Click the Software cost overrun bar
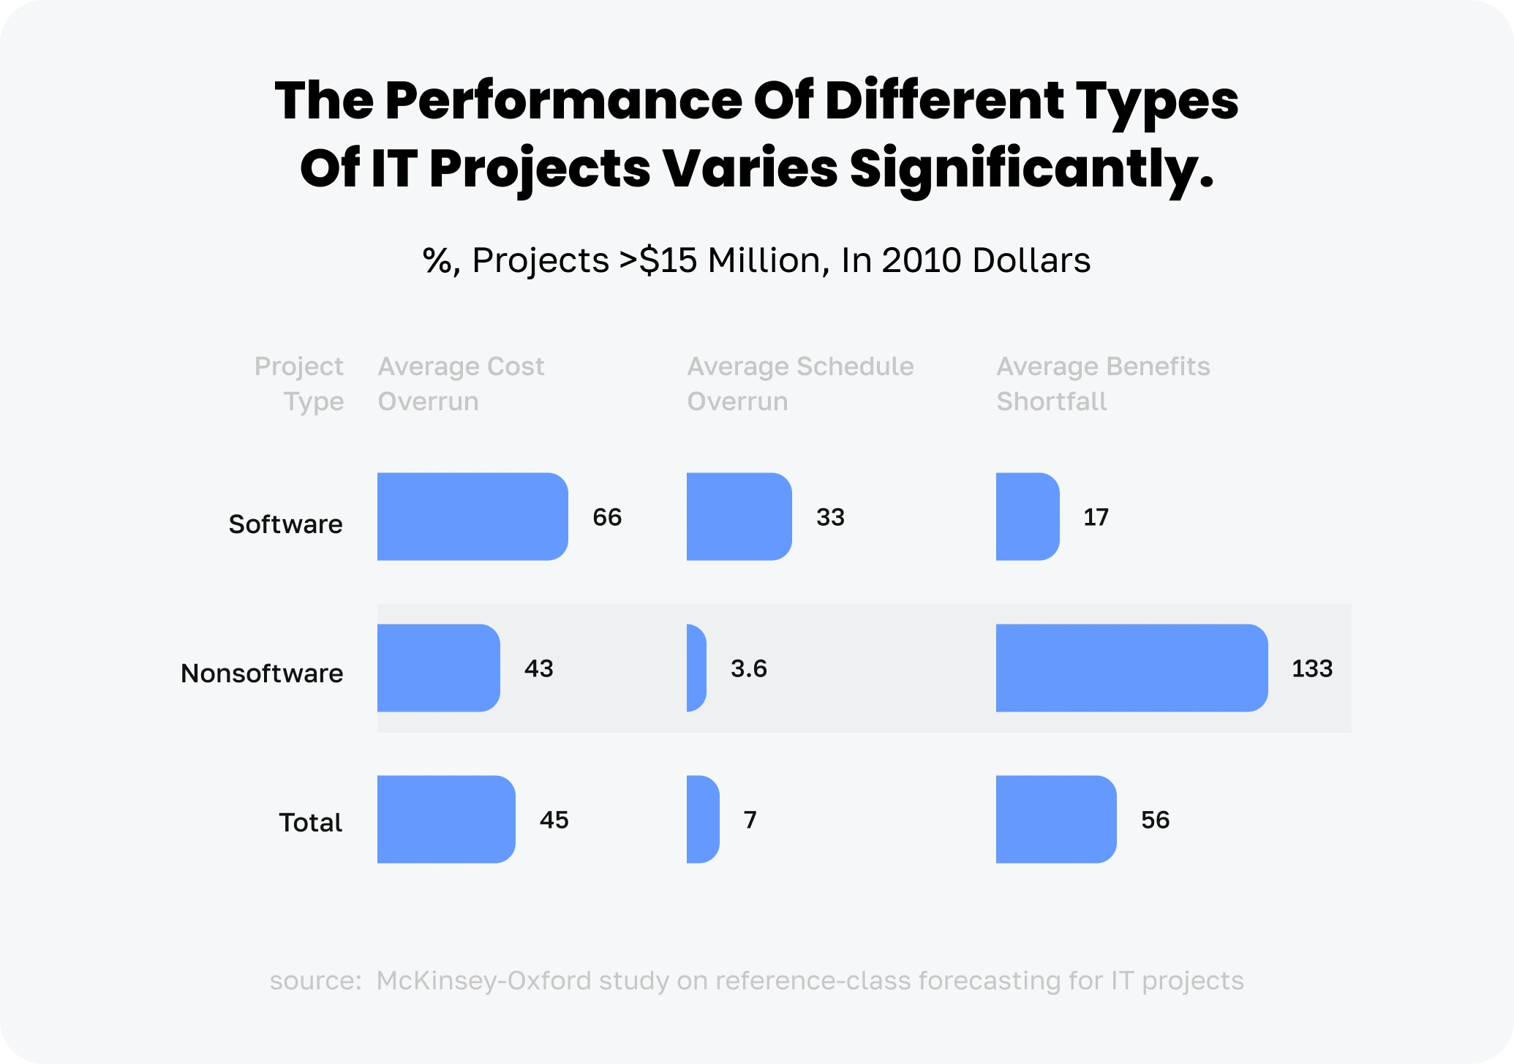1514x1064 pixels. click(472, 516)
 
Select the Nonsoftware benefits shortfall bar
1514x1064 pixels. click(1131, 668)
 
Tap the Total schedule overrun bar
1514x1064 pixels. click(703, 819)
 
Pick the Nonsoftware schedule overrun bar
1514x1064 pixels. click(696, 668)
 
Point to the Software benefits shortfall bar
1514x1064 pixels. click(1028, 516)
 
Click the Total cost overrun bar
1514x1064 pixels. click(446, 819)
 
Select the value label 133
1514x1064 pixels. click(1312, 668)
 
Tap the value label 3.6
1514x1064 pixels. click(749, 668)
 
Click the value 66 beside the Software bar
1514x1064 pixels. click(607, 517)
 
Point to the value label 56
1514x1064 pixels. click(1156, 820)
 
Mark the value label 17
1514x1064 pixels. click(1096, 517)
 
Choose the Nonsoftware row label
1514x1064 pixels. click(262, 673)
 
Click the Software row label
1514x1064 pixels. click(285, 524)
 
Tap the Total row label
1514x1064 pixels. click(310, 822)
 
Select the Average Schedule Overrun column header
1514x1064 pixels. click(800, 383)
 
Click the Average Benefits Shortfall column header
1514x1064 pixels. click(1103, 383)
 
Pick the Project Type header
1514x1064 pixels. click(299, 383)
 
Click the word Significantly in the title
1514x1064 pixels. click(1031, 168)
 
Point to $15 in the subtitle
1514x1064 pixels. click(668, 260)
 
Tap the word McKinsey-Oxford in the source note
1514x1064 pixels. click(483, 981)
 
